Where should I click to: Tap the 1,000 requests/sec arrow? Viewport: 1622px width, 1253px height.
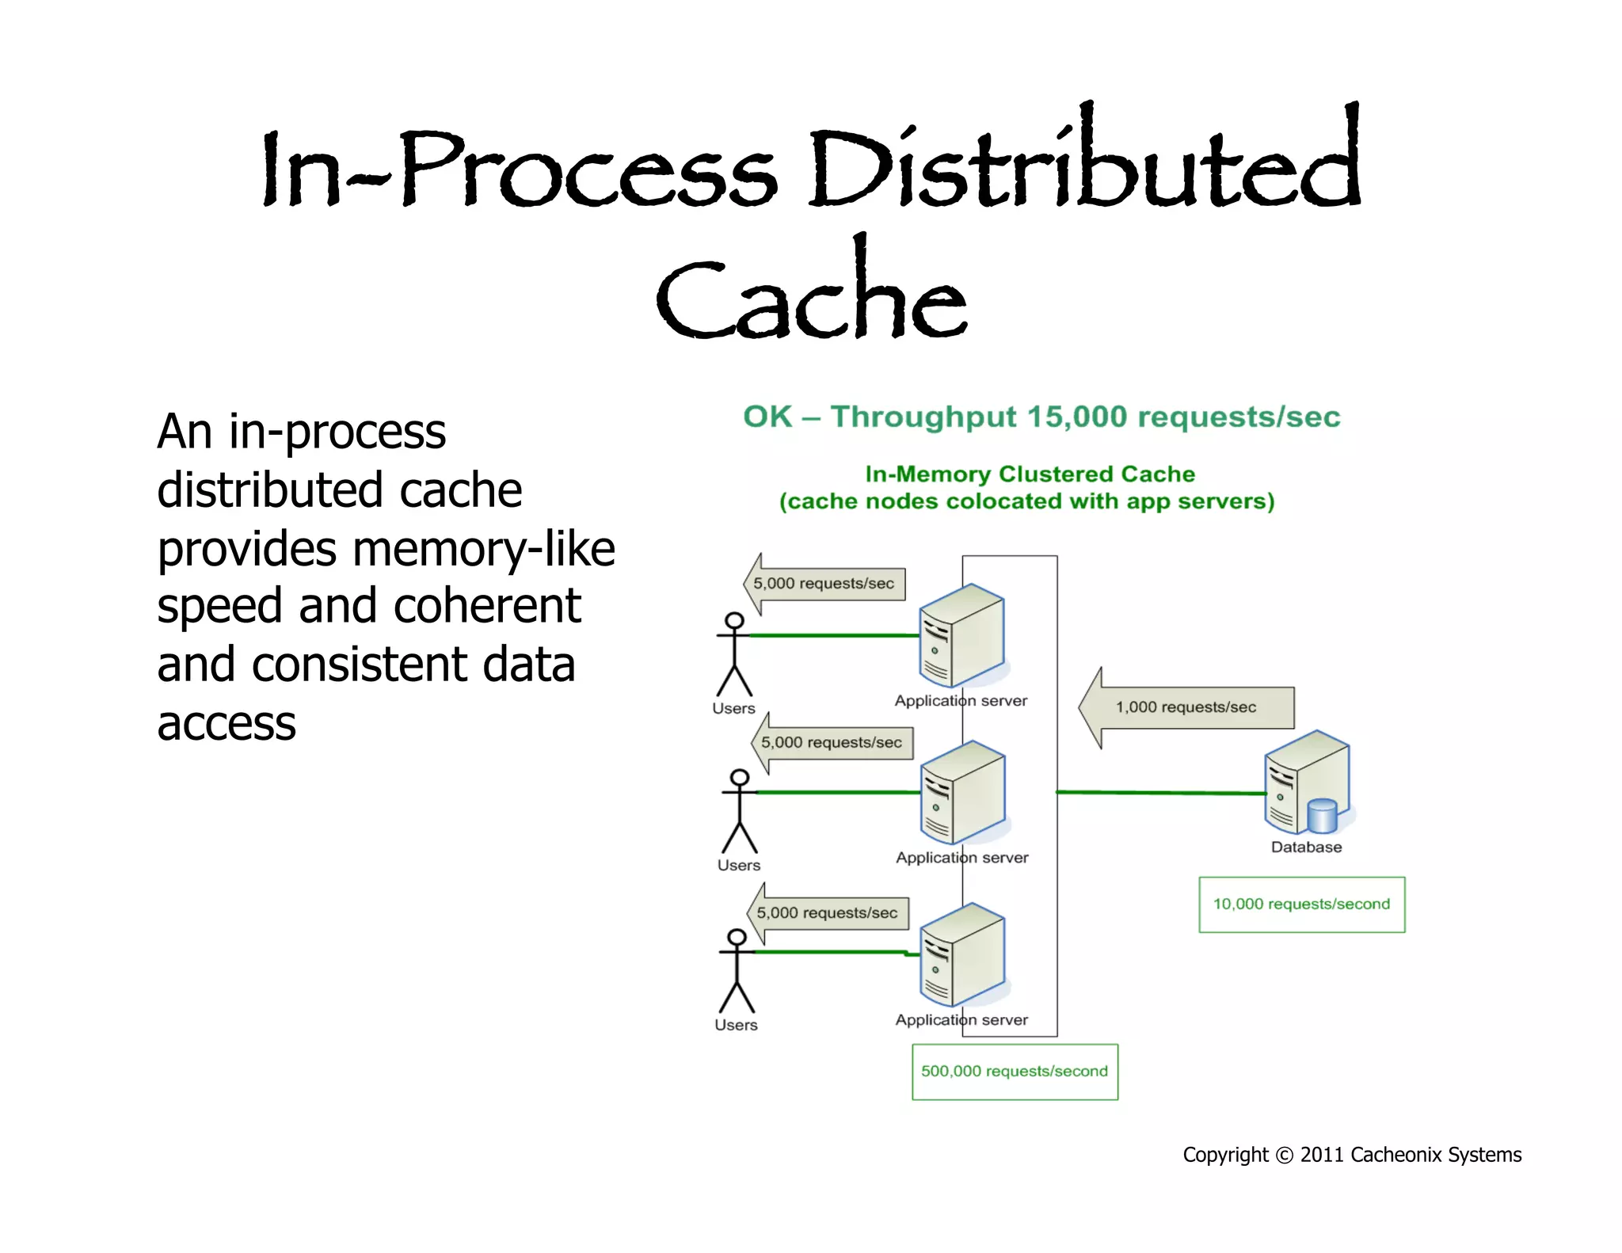[1186, 707]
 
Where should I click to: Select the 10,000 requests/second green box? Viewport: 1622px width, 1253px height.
[1301, 905]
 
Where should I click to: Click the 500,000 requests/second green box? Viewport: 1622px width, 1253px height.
[1015, 1072]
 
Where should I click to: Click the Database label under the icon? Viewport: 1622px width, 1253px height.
[1306, 847]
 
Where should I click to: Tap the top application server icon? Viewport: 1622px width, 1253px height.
[961, 636]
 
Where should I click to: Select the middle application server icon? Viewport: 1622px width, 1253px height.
[963, 793]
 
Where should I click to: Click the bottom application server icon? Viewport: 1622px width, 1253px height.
[962, 954]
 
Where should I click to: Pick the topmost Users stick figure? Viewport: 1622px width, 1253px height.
[734, 654]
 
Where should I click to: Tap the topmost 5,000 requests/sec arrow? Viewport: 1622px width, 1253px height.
[824, 584]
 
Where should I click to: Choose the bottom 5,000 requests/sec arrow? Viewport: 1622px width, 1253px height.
[827, 913]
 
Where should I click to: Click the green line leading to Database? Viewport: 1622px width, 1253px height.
[1160, 793]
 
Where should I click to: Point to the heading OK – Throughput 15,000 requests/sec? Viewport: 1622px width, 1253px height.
[1041, 417]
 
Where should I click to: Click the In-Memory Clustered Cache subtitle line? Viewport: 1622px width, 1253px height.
[1030, 474]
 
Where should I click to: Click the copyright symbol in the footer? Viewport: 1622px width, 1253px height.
[1285, 1156]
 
